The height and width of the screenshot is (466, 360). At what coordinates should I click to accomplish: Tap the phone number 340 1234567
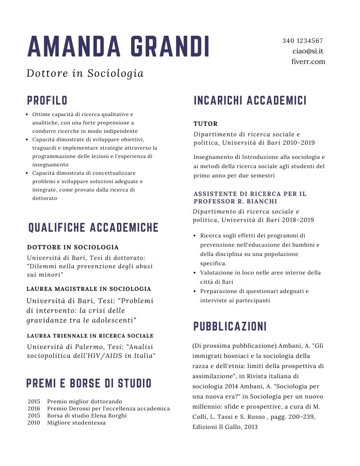pos(303,41)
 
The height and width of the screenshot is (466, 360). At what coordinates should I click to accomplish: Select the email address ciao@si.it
pos(308,51)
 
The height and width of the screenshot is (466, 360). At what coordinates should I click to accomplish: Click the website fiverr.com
pos(308,62)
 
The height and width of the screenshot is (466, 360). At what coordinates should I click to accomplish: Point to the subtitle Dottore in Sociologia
pos(85,73)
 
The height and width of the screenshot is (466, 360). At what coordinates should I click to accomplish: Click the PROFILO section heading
pos(47,101)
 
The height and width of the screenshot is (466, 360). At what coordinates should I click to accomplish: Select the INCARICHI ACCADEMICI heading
pos(250,101)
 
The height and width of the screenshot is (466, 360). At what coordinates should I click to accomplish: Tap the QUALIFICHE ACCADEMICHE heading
pos(94,228)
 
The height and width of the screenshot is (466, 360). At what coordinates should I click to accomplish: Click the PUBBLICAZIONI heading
pos(230,327)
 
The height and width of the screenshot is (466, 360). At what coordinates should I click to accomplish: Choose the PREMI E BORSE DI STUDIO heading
pos(89,383)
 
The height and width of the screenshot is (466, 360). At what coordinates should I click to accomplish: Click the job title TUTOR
pos(206,124)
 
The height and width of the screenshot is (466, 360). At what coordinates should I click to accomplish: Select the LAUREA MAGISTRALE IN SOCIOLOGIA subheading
pos(89,289)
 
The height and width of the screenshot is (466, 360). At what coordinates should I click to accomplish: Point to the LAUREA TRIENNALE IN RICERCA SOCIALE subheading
pos(90,336)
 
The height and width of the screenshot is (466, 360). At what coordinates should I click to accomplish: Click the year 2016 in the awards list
pos(34,409)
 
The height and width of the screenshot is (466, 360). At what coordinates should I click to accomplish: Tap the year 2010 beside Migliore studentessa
pos(34,423)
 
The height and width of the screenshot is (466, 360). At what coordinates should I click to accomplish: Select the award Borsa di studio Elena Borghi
pos(86,416)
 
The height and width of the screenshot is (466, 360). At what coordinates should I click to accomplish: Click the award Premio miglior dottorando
pos(84,402)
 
